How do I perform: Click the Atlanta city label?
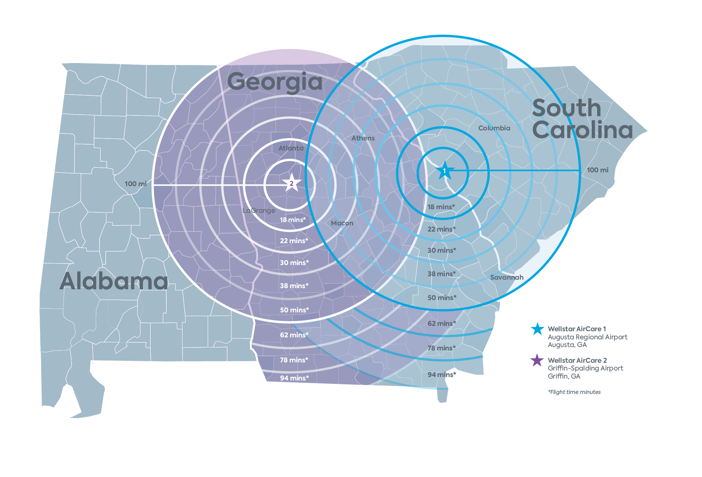coord(291,148)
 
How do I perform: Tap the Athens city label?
coord(363,138)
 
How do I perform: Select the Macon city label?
coord(342,223)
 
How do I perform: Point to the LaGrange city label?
coord(259,210)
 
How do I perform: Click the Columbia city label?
coord(494,128)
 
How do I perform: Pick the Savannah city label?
coord(507,277)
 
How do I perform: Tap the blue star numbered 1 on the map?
coord(445,170)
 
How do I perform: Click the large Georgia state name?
coord(275,82)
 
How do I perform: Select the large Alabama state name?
coord(114,281)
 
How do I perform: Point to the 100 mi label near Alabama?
coord(136,184)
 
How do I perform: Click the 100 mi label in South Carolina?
coord(597,170)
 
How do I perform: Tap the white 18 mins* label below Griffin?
coord(293,220)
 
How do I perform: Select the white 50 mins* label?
coord(294,310)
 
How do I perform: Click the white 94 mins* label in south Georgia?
coord(294,378)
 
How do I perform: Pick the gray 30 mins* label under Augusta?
coord(442,250)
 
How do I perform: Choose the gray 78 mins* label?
coord(441,348)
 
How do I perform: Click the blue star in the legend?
coord(537,329)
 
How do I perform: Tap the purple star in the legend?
coord(537,360)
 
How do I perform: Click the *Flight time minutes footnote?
coord(574,392)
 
